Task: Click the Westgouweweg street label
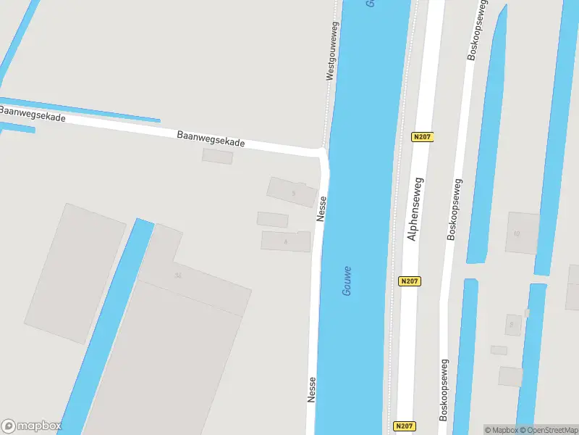(332, 50)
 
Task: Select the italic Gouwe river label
(349, 280)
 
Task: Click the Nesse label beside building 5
(321, 209)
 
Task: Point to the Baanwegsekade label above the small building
(211, 139)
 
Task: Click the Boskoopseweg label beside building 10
(455, 210)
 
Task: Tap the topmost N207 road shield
(423, 136)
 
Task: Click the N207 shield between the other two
(410, 281)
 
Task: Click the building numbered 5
(292, 192)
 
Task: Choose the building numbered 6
(285, 241)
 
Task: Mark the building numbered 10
(522, 233)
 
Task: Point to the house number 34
(177, 275)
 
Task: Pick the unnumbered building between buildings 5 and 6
(272, 220)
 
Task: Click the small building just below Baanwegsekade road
(217, 156)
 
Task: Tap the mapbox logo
(31, 426)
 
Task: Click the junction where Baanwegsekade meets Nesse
(322, 153)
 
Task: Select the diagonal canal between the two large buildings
(109, 326)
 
